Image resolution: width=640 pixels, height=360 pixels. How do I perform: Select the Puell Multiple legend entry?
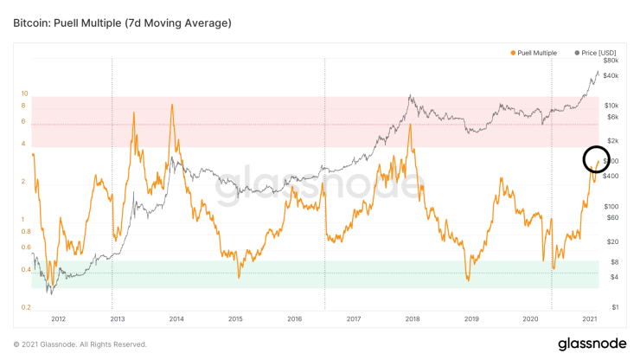[534, 53]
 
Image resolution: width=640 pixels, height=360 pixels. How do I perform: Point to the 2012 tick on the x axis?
[58, 318]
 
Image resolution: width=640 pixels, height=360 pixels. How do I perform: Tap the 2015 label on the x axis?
[235, 318]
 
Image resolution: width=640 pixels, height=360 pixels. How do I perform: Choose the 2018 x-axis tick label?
[413, 318]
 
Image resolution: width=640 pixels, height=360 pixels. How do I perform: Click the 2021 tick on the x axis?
[590, 318]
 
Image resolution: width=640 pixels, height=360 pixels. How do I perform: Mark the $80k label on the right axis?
[611, 61]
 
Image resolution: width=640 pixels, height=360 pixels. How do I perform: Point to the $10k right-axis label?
[611, 105]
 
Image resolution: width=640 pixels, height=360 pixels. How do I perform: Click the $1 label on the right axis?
[613, 307]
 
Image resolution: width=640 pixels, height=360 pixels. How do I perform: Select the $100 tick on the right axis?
[611, 206]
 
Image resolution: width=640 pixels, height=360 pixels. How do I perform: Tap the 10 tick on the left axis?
[25, 93]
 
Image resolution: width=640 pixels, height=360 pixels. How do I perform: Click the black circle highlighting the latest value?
[597, 159]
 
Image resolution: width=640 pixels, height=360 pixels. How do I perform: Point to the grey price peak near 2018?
[409, 97]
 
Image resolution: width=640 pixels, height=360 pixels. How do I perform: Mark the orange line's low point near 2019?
[467, 280]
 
